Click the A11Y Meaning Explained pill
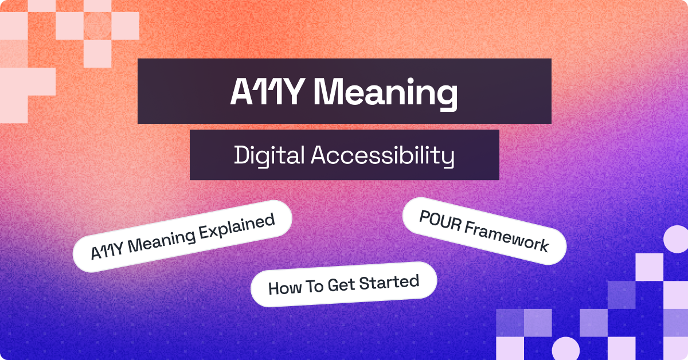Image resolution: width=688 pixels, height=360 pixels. pos(182,235)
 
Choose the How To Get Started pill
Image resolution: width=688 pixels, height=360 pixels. pos(343,284)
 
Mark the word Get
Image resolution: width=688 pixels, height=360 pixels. pos(341,285)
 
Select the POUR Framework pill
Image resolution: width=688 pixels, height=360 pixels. pos(484,232)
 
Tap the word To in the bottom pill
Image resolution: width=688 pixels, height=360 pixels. pos(314,286)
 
